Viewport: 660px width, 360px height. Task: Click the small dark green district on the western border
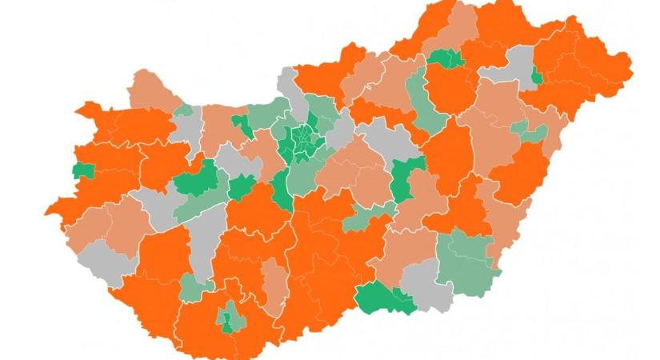click(x=82, y=170)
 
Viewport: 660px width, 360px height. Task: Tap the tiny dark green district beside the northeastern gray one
click(x=536, y=78)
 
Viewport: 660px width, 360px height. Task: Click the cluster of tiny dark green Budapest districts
click(x=303, y=141)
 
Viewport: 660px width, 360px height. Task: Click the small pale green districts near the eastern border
click(x=529, y=130)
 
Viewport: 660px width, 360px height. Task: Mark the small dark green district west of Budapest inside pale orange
click(x=239, y=124)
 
